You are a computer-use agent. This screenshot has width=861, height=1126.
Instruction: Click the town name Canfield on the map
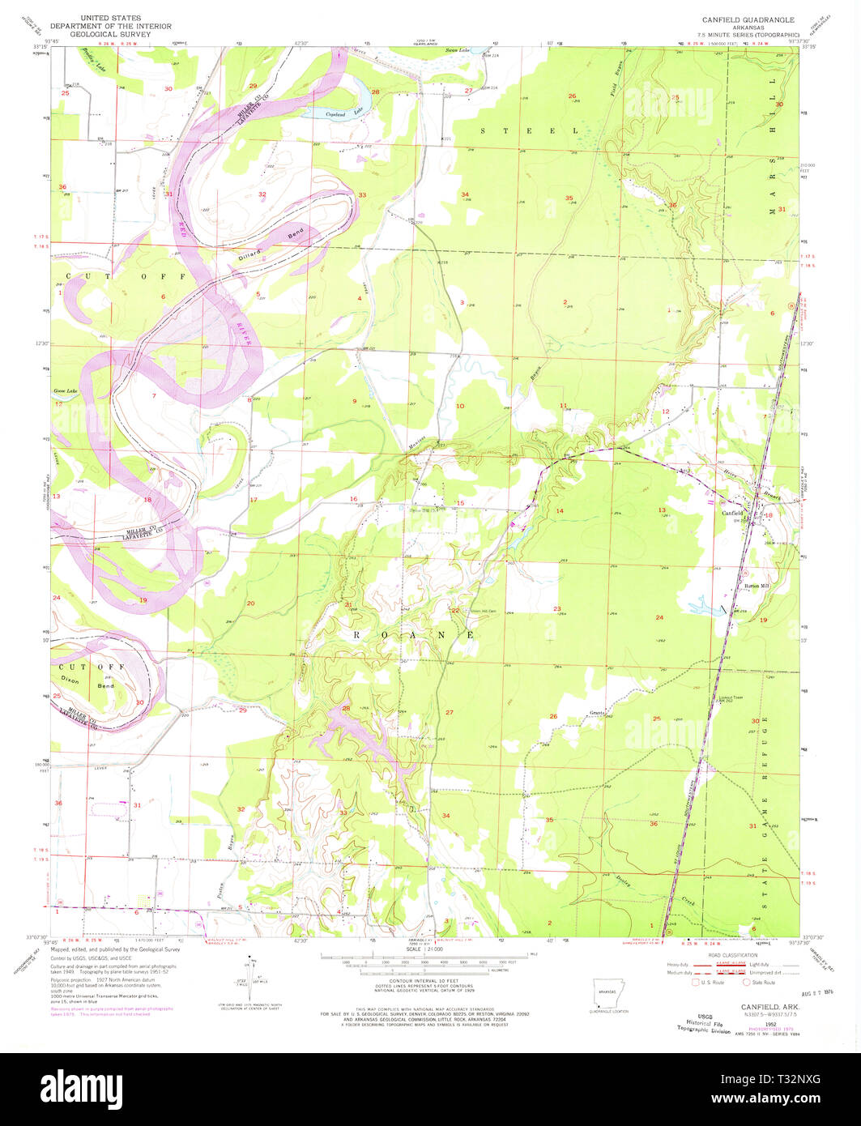point(732,513)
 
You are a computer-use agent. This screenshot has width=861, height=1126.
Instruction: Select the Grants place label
point(599,713)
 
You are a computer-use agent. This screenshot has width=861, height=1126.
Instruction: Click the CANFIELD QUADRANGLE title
point(741,19)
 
